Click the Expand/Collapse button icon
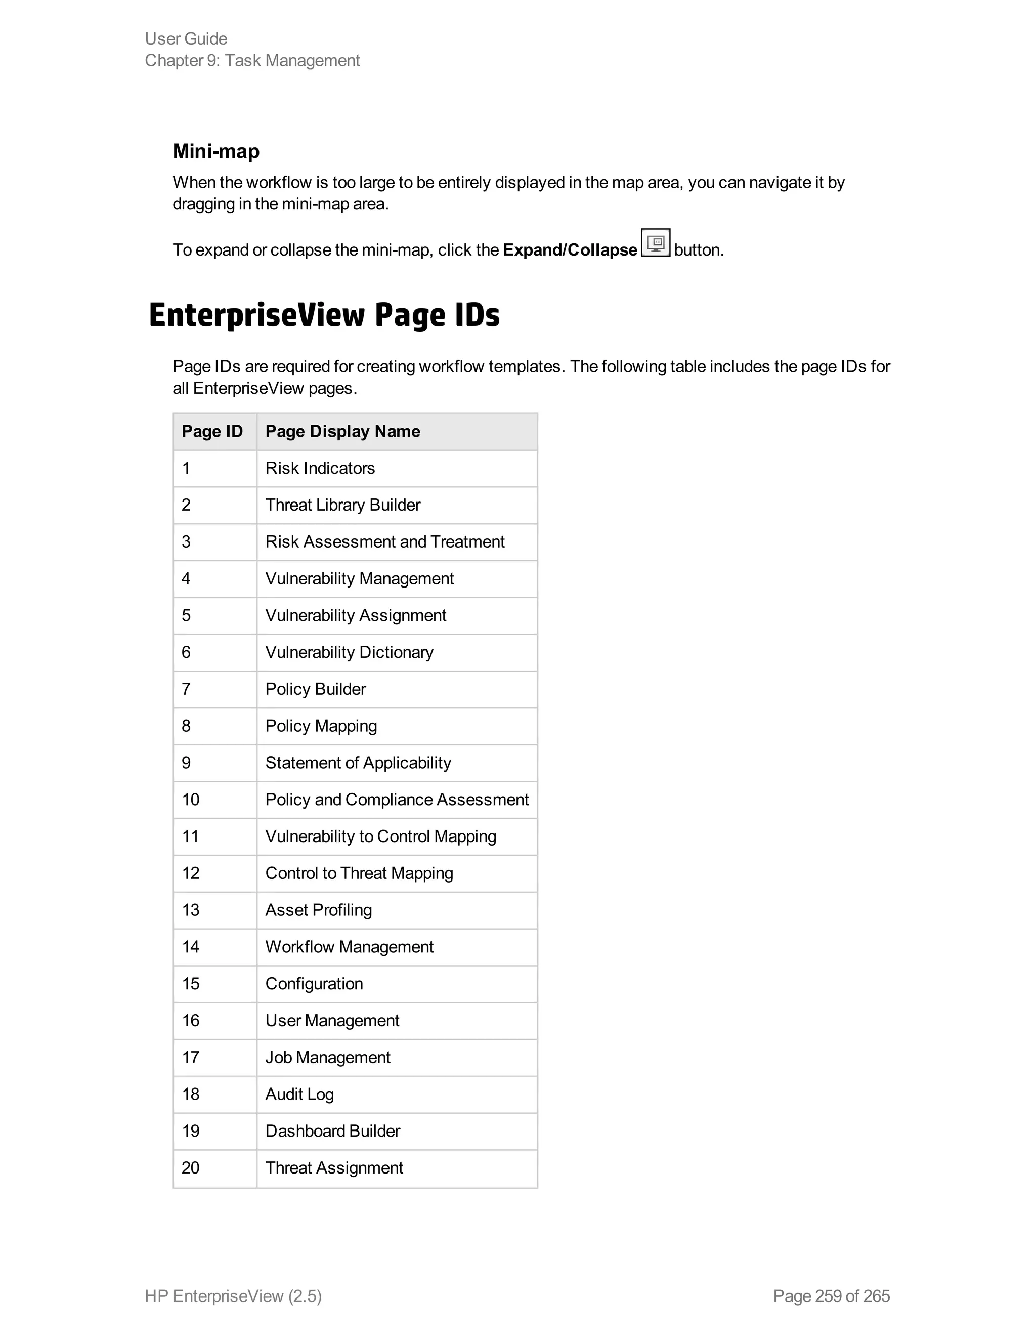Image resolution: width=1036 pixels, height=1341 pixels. pyautogui.click(x=656, y=242)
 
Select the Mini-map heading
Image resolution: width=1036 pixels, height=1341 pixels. pyautogui.click(x=216, y=151)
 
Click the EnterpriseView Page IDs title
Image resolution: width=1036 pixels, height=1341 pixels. pyautogui.click(x=324, y=315)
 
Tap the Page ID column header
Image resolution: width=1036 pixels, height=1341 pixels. pyautogui.click(x=212, y=432)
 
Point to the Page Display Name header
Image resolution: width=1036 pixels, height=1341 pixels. pyautogui.click(x=342, y=432)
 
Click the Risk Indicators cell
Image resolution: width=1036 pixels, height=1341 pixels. pyautogui.click(x=320, y=469)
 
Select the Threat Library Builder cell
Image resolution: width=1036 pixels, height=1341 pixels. pyautogui.click(x=342, y=506)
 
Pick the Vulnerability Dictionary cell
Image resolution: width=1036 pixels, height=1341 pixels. pyautogui.click(x=349, y=653)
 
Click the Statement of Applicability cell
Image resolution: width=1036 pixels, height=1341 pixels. pyautogui.click(x=358, y=763)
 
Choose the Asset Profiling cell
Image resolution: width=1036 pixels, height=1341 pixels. pyautogui.click(x=319, y=910)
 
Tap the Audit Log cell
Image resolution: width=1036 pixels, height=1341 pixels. pyautogui.click(x=299, y=1095)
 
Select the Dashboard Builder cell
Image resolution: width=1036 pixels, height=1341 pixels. pyautogui.click(x=333, y=1132)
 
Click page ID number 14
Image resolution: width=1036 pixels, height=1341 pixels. pyautogui.click(x=190, y=947)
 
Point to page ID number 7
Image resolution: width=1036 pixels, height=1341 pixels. pyautogui.click(x=186, y=690)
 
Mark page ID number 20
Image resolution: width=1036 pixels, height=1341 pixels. pyautogui.click(x=190, y=1168)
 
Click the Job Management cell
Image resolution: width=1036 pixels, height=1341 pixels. pyautogui.click(x=328, y=1058)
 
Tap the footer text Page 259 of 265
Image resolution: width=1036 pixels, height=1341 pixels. pyautogui.click(x=831, y=1296)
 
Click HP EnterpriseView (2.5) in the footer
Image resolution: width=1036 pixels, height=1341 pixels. pyautogui.click(x=233, y=1296)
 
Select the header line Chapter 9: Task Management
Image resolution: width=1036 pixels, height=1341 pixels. pyautogui.click(x=252, y=61)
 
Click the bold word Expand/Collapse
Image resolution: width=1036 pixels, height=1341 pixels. pyautogui.click(x=570, y=250)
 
